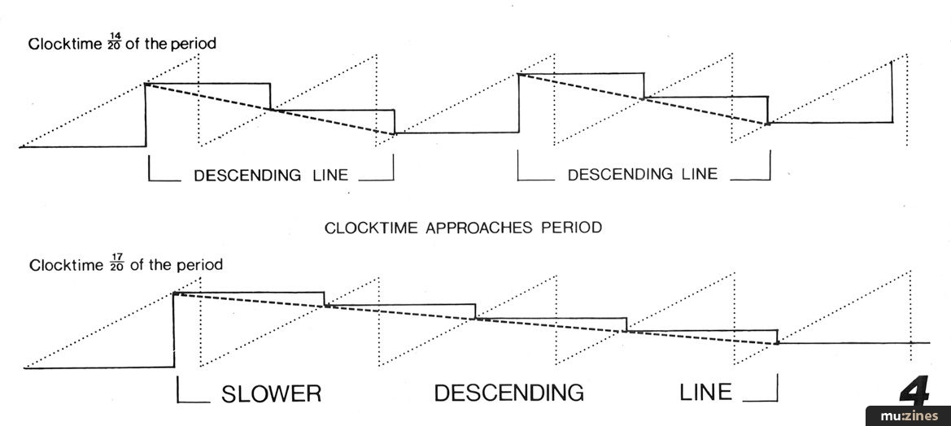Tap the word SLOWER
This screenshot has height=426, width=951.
[x=272, y=393]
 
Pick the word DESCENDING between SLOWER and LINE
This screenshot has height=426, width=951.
[x=508, y=393]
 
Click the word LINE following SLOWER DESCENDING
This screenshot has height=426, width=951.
[x=705, y=393]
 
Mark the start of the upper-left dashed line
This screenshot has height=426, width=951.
[x=146, y=84]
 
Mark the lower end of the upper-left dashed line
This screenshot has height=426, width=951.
[x=395, y=133]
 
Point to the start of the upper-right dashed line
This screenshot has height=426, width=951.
[x=518, y=74]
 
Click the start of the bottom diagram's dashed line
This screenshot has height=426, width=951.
[x=175, y=293]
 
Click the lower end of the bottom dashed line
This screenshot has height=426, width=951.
[x=777, y=343]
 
